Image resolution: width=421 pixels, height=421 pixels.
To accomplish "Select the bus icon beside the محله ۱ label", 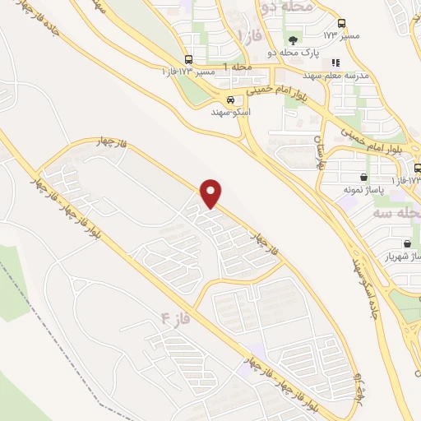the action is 189,59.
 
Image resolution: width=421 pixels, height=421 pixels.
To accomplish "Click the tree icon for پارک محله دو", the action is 293,39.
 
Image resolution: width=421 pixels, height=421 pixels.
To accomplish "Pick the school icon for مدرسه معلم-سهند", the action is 335,62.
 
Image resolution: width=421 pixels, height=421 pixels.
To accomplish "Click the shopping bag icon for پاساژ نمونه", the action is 363,176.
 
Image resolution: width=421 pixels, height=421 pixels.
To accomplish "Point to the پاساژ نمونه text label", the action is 359,189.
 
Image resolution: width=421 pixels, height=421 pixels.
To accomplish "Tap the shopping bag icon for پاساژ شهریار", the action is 408,243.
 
